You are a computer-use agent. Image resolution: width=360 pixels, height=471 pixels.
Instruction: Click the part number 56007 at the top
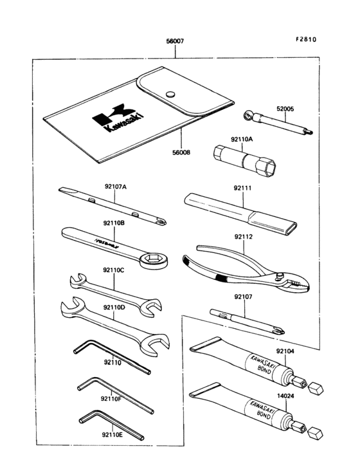tap(174, 41)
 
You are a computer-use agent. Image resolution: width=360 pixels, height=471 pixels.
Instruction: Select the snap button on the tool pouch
tap(171, 95)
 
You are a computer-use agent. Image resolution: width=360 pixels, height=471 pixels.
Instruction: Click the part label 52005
tap(285, 109)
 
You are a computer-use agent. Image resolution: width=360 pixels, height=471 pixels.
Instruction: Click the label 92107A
tap(116, 187)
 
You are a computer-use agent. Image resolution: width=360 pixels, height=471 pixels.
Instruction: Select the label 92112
tap(243, 237)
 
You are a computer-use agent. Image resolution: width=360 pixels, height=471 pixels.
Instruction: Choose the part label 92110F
tap(111, 398)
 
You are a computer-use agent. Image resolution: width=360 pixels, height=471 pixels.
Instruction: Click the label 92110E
tap(111, 435)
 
